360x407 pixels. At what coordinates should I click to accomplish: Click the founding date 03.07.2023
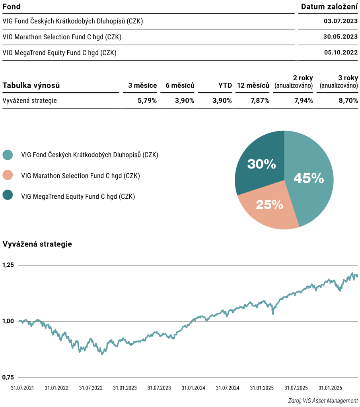coord(341,21)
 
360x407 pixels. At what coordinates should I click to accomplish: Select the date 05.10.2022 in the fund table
coord(341,52)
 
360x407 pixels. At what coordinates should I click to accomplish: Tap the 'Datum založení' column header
coord(329,7)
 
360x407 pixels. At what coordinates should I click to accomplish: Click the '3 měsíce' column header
coord(142,85)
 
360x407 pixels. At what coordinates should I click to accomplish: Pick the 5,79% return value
coord(147,101)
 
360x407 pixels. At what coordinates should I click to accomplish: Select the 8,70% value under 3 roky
coord(348,101)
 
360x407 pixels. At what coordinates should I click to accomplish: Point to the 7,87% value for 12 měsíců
coord(260,101)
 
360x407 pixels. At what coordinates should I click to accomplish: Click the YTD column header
coord(225,85)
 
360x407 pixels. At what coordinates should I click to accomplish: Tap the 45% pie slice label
coord(309,178)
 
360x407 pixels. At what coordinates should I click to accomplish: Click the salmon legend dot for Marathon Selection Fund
coord(8,175)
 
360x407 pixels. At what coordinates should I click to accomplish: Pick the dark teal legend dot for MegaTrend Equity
coord(8,195)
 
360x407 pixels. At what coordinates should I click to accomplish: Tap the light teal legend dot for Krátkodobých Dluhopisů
coord(8,155)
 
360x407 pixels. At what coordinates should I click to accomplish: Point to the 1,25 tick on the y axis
coord(8,265)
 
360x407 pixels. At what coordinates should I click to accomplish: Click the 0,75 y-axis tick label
coord(8,377)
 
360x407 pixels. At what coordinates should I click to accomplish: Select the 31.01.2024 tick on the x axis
coord(193,388)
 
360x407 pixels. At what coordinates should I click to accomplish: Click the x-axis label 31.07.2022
coord(91,388)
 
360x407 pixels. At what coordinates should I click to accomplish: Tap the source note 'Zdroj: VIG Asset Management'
coord(323,401)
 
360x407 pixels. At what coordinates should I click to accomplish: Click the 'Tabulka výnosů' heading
coord(31,85)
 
